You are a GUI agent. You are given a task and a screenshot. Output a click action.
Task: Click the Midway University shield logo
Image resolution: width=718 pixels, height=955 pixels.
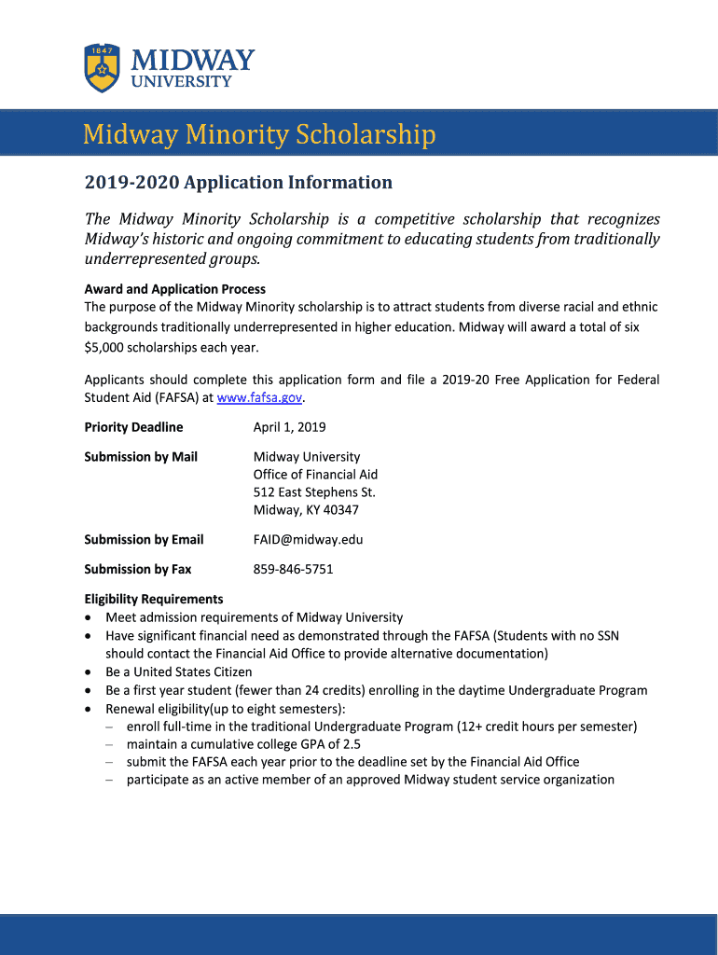[x=102, y=67]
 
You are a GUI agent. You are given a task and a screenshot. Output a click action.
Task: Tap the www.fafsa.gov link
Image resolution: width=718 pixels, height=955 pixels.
[x=260, y=397]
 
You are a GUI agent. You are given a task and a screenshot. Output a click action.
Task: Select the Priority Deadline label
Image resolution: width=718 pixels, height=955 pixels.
[x=133, y=427]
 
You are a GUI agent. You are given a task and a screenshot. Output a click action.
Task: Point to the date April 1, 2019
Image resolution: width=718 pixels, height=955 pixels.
[x=290, y=427]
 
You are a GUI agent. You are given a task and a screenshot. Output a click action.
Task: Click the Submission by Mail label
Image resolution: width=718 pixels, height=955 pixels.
[x=141, y=457]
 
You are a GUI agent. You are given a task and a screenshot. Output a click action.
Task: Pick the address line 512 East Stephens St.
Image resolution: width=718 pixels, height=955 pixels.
[x=314, y=492]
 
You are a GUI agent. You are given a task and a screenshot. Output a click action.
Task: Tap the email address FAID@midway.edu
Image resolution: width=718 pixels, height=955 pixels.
[x=308, y=539]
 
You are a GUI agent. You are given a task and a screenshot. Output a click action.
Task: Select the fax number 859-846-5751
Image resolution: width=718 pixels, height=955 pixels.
[x=293, y=569]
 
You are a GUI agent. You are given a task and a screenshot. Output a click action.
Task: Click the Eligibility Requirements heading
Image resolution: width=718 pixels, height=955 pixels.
[x=154, y=599]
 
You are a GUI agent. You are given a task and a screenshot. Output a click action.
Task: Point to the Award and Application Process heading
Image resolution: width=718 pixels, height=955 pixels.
[x=175, y=289]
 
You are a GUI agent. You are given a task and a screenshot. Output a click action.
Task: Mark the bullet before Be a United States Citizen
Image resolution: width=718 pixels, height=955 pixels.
[x=89, y=672]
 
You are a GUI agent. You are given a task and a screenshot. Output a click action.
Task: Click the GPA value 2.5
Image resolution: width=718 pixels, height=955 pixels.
[x=351, y=744]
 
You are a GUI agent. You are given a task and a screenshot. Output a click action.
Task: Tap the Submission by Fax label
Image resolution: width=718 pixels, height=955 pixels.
[x=138, y=569]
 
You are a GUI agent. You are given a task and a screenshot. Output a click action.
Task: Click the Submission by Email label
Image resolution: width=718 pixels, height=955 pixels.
[x=144, y=539]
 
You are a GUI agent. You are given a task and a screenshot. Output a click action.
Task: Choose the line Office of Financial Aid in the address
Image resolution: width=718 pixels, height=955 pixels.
[x=315, y=475]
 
